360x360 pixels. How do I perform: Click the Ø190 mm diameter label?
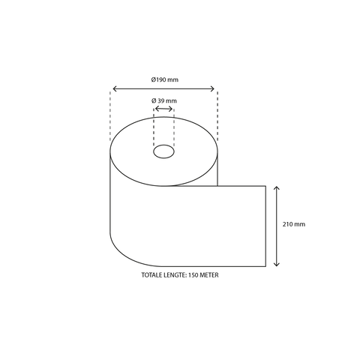click(164, 79)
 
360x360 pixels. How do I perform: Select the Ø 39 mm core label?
click(163, 100)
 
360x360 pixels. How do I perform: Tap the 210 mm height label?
click(295, 224)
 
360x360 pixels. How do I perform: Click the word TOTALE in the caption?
click(152, 275)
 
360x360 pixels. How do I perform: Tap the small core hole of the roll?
click(163, 153)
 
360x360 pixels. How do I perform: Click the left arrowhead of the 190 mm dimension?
click(112, 88)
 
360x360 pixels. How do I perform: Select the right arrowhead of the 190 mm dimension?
click(215, 88)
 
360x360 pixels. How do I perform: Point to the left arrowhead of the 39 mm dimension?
click(155, 109)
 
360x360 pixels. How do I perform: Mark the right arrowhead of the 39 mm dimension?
click(172, 109)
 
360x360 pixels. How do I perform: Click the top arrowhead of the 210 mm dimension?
click(277, 187)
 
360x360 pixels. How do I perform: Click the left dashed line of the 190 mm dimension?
click(110, 120)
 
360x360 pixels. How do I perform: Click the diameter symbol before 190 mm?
click(153, 79)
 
